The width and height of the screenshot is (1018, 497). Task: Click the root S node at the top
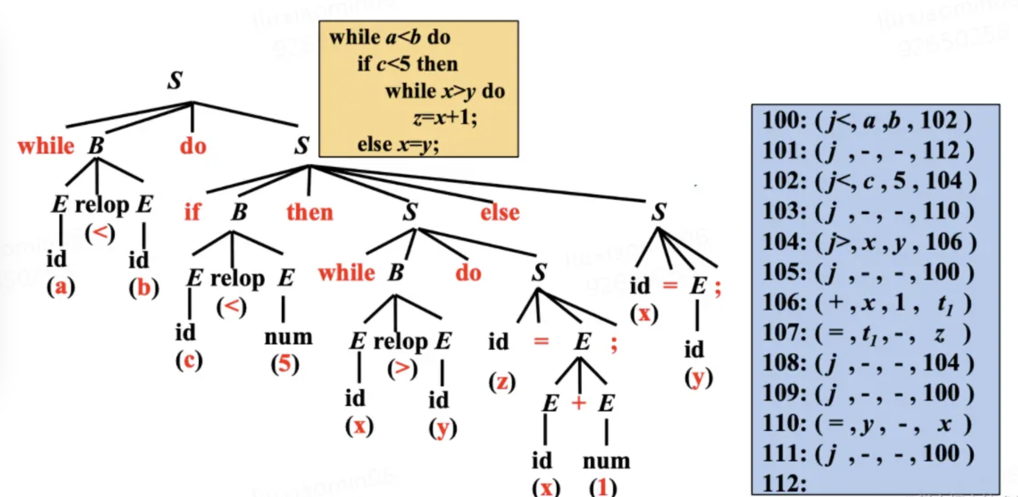tap(175, 81)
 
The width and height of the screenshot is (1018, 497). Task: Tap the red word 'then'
tap(309, 212)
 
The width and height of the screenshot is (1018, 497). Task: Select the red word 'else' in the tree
tap(500, 212)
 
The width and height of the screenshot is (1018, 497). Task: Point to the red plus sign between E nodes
tap(578, 403)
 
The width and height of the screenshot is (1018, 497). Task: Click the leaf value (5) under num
tap(285, 364)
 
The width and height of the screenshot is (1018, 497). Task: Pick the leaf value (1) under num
tap(603, 487)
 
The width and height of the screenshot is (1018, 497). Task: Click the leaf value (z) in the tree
tap(502, 382)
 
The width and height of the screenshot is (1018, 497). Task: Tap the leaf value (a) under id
tap(61, 287)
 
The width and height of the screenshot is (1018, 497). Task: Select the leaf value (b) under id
tap(144, 288)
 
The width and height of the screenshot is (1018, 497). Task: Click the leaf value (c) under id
tap(189, 360)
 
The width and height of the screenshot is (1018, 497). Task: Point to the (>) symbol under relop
tap(402, 369)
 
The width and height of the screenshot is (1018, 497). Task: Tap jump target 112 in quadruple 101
tap(941, 151)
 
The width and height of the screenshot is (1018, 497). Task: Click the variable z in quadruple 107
tap(939, 333)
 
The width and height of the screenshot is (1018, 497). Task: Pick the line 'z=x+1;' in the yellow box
tap(445, 118)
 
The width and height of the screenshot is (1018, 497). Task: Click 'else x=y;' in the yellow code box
tap(398, 145)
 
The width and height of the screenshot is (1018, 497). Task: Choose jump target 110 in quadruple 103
tap(941, 211)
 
